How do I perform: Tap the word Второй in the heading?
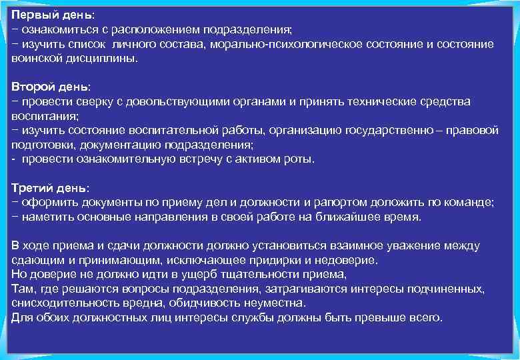(33, 87)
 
